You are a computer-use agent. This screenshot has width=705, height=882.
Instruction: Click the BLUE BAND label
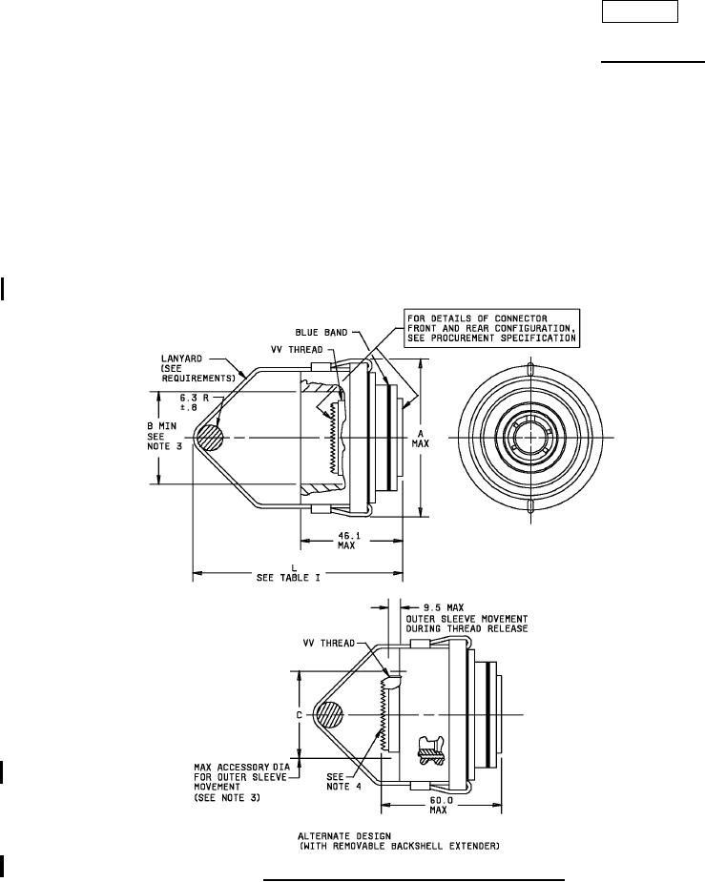tap(321, 333)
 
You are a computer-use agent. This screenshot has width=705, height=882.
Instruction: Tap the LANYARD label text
tap(181, 359)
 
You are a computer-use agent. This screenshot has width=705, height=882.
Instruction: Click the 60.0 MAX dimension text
tap(438, 805)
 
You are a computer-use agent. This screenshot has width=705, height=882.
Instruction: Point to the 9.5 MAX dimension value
tap(444, 607)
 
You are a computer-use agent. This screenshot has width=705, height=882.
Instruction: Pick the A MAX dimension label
tap(421, 439)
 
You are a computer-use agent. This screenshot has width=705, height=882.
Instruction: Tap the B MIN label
tap(162, 426)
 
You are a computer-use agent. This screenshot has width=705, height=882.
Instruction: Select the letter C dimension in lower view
tap(300, 715)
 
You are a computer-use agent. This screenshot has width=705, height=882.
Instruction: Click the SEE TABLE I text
tap(288, 577)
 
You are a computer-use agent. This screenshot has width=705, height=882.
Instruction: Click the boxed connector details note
tap(491, 328)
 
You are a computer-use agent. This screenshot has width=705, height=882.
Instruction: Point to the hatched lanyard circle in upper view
tap(209, 438)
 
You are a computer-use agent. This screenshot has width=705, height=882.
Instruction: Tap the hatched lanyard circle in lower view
tap(328, 716)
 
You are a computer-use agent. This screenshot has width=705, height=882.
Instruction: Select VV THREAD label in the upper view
tap(297, 349)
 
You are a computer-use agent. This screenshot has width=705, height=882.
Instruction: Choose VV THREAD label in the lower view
tap(329, 643)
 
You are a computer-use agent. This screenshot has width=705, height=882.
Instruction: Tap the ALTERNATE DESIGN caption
tap(344, 836)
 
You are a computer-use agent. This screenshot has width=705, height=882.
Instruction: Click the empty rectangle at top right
tap(640, 11)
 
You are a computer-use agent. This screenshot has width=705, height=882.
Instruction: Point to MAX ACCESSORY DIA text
tap(242, 767)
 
